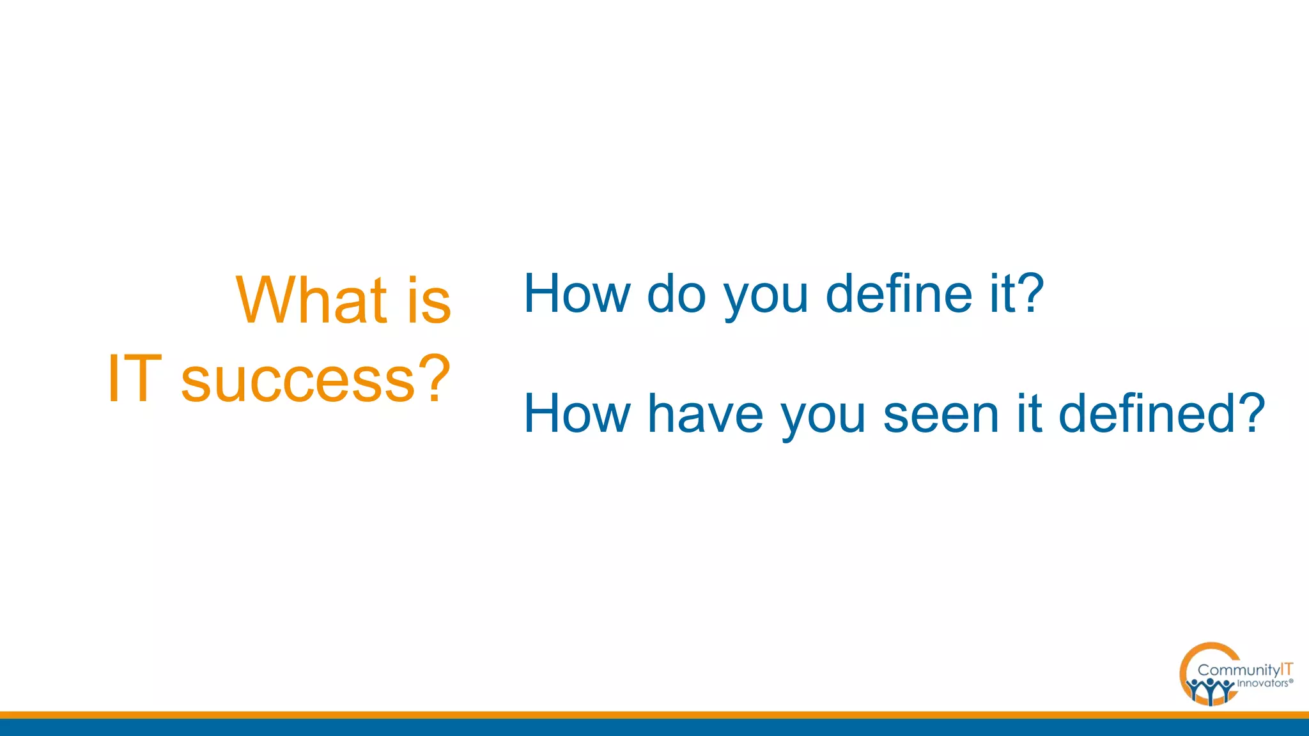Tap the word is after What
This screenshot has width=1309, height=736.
coord(429,300)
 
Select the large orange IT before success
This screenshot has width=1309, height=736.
coord(134,379)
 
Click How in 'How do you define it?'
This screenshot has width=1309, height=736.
coord(577,293)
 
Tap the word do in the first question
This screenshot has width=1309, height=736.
coord(676,293)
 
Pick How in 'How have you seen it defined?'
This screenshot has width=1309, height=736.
coord(577,414)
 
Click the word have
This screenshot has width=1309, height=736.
coord(706,414)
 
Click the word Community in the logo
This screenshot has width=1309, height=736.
coord(1239,670)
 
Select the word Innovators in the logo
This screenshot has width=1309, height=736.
coord(1262,684)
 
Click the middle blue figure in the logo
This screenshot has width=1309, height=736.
coord(1211,690)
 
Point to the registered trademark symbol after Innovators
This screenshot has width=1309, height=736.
coord(1291,681)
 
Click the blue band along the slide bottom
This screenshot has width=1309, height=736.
coord(654,728)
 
